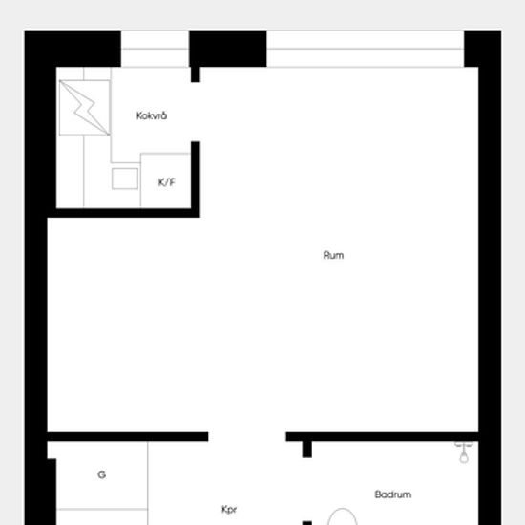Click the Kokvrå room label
[152, 115]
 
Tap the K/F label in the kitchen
[166, 182]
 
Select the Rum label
[333, 255]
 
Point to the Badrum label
[393, 494]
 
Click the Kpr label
[229, 510]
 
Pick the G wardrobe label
[102, 474]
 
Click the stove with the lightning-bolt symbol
[85, 108]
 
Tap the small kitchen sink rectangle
[125, 178]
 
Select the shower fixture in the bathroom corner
[464, 452]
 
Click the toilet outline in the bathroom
[342, 516]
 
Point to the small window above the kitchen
[155, 49]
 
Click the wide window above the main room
[366, 49]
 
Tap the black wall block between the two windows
[228, 49]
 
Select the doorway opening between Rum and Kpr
[247, 436]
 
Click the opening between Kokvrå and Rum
[196, 112]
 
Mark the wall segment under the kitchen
[124, 213]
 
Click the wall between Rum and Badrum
[382, 436]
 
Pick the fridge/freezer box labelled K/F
[166, 180]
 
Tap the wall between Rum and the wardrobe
[128, 436]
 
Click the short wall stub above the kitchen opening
[196, 74]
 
